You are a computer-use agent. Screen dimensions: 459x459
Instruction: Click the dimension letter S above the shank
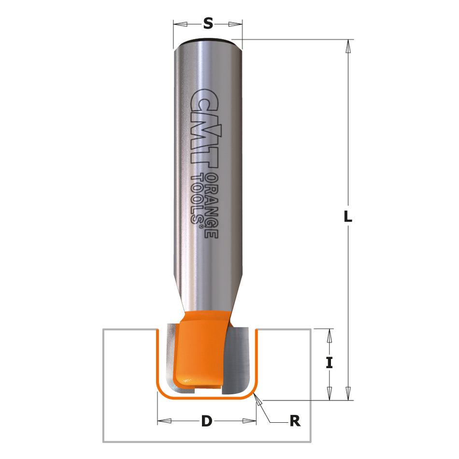click(x=208, y=23)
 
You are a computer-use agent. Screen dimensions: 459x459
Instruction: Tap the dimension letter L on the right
click(x=347, y=217)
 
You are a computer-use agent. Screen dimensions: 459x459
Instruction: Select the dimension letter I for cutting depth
click(x=330, y=362)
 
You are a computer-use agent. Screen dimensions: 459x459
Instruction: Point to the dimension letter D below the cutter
click(x=207, y=421)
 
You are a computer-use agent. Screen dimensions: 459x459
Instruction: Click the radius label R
click(x=295, y=421)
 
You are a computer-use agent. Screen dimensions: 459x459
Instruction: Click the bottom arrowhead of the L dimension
click(x=347, y=393)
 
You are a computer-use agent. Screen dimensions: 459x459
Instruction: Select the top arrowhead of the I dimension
click(x=330, y=335)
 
